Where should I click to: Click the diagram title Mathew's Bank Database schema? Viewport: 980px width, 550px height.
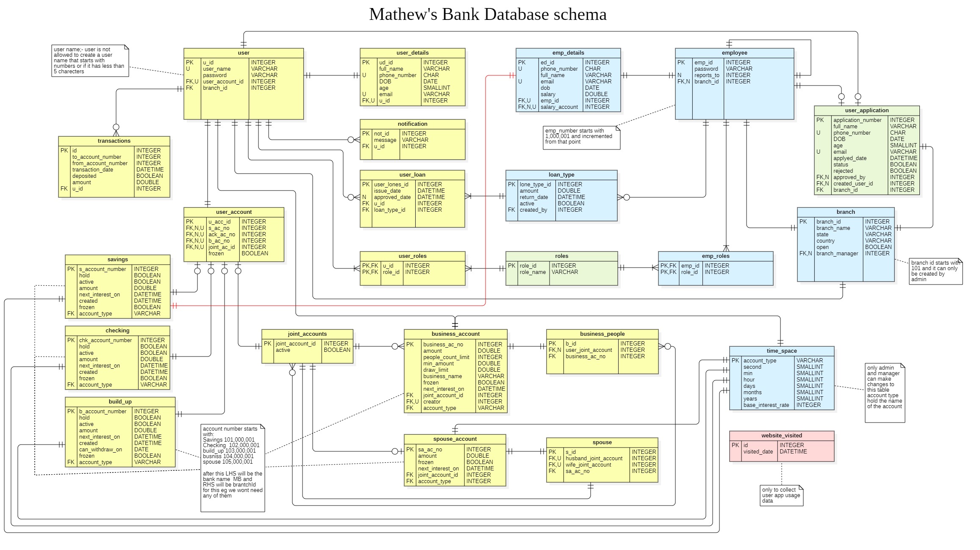tap(488, 14)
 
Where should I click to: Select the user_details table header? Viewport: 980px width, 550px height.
tap(412, 53)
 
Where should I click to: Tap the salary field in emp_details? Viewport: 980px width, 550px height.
tap(548, 94)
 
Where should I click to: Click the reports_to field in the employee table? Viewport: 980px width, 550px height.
tap(707, 75)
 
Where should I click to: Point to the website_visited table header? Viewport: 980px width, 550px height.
tap(781, 436)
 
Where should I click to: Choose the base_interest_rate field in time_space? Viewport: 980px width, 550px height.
tap(766, 405)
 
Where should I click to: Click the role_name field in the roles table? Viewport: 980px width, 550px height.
tap(533, 272)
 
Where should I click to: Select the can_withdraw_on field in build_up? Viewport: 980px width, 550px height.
tap(100, 450)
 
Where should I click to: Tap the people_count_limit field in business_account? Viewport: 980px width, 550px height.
tap(446, 357)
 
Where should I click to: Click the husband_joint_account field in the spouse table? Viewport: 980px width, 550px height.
tap(594, 459)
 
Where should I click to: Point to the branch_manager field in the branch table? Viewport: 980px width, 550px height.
tap(837, 254)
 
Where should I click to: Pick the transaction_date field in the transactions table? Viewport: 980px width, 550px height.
tap(92, 170)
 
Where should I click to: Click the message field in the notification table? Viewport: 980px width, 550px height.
tap(385, 140)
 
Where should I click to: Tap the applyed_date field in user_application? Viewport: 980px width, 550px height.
tap(850, 158)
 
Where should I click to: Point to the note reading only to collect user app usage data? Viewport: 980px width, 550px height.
tap(781, 495)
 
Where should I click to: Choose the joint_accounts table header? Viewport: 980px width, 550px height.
tap(307, 334)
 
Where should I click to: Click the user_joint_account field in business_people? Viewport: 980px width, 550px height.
tap(589, 350)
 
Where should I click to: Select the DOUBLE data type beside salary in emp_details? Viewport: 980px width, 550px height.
tap(596, 94)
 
